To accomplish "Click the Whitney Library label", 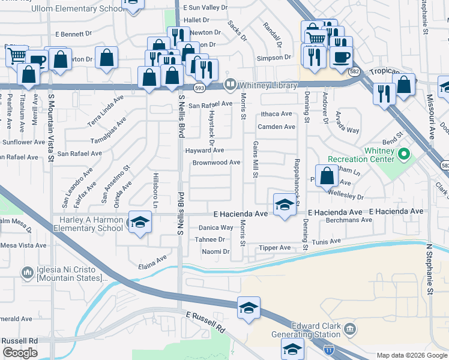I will (269, 85).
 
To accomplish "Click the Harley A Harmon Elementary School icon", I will (140, 223).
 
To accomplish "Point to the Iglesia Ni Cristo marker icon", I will (28, 274).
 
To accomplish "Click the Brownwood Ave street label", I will (216, 163).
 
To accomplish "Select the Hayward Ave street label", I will (204, 151).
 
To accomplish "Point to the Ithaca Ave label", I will (276, 114).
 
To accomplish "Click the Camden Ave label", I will (276, 127).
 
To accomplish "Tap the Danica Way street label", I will (215, 228).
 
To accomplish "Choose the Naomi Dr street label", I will (215, 251).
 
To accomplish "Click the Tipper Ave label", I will (274, 248).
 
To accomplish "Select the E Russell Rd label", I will (205, 323).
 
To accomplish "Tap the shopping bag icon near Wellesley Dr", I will (327, 177).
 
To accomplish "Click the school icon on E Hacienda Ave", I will (284, 205).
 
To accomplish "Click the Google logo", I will (20, 353).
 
